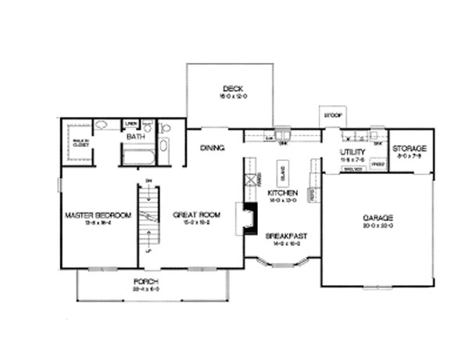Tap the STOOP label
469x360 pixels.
332,116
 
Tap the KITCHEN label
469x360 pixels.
281,192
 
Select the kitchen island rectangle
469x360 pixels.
281,171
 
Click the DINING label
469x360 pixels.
213,148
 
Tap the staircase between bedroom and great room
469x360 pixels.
145,216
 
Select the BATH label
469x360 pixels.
136,137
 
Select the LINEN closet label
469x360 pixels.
131,123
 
